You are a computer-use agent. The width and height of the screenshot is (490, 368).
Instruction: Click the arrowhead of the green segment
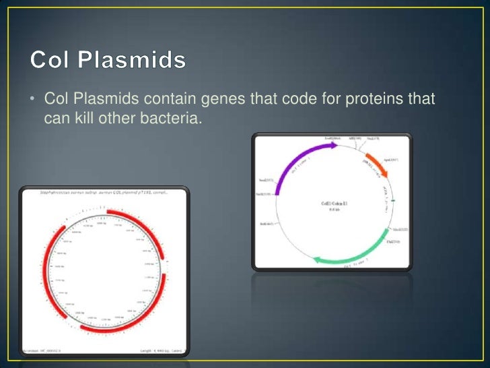click(314, 258)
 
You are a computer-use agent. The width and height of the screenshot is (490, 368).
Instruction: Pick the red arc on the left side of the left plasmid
click(48, 270)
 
